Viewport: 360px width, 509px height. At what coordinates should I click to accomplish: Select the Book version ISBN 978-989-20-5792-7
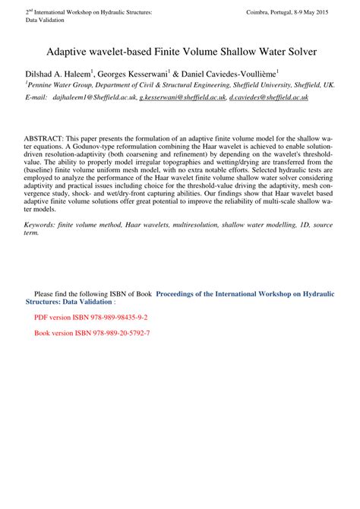point(92,334)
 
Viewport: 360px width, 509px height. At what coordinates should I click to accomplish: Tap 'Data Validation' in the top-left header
point(46,21)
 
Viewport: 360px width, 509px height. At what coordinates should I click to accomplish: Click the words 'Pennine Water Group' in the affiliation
point(58,87)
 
